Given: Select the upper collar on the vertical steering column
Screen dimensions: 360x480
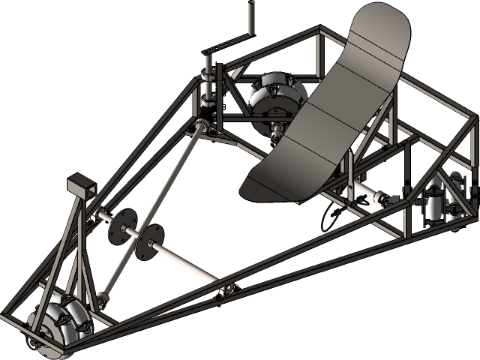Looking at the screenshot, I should tap(208, 76).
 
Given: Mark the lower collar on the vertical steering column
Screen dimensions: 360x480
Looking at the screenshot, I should tap(207, 100).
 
